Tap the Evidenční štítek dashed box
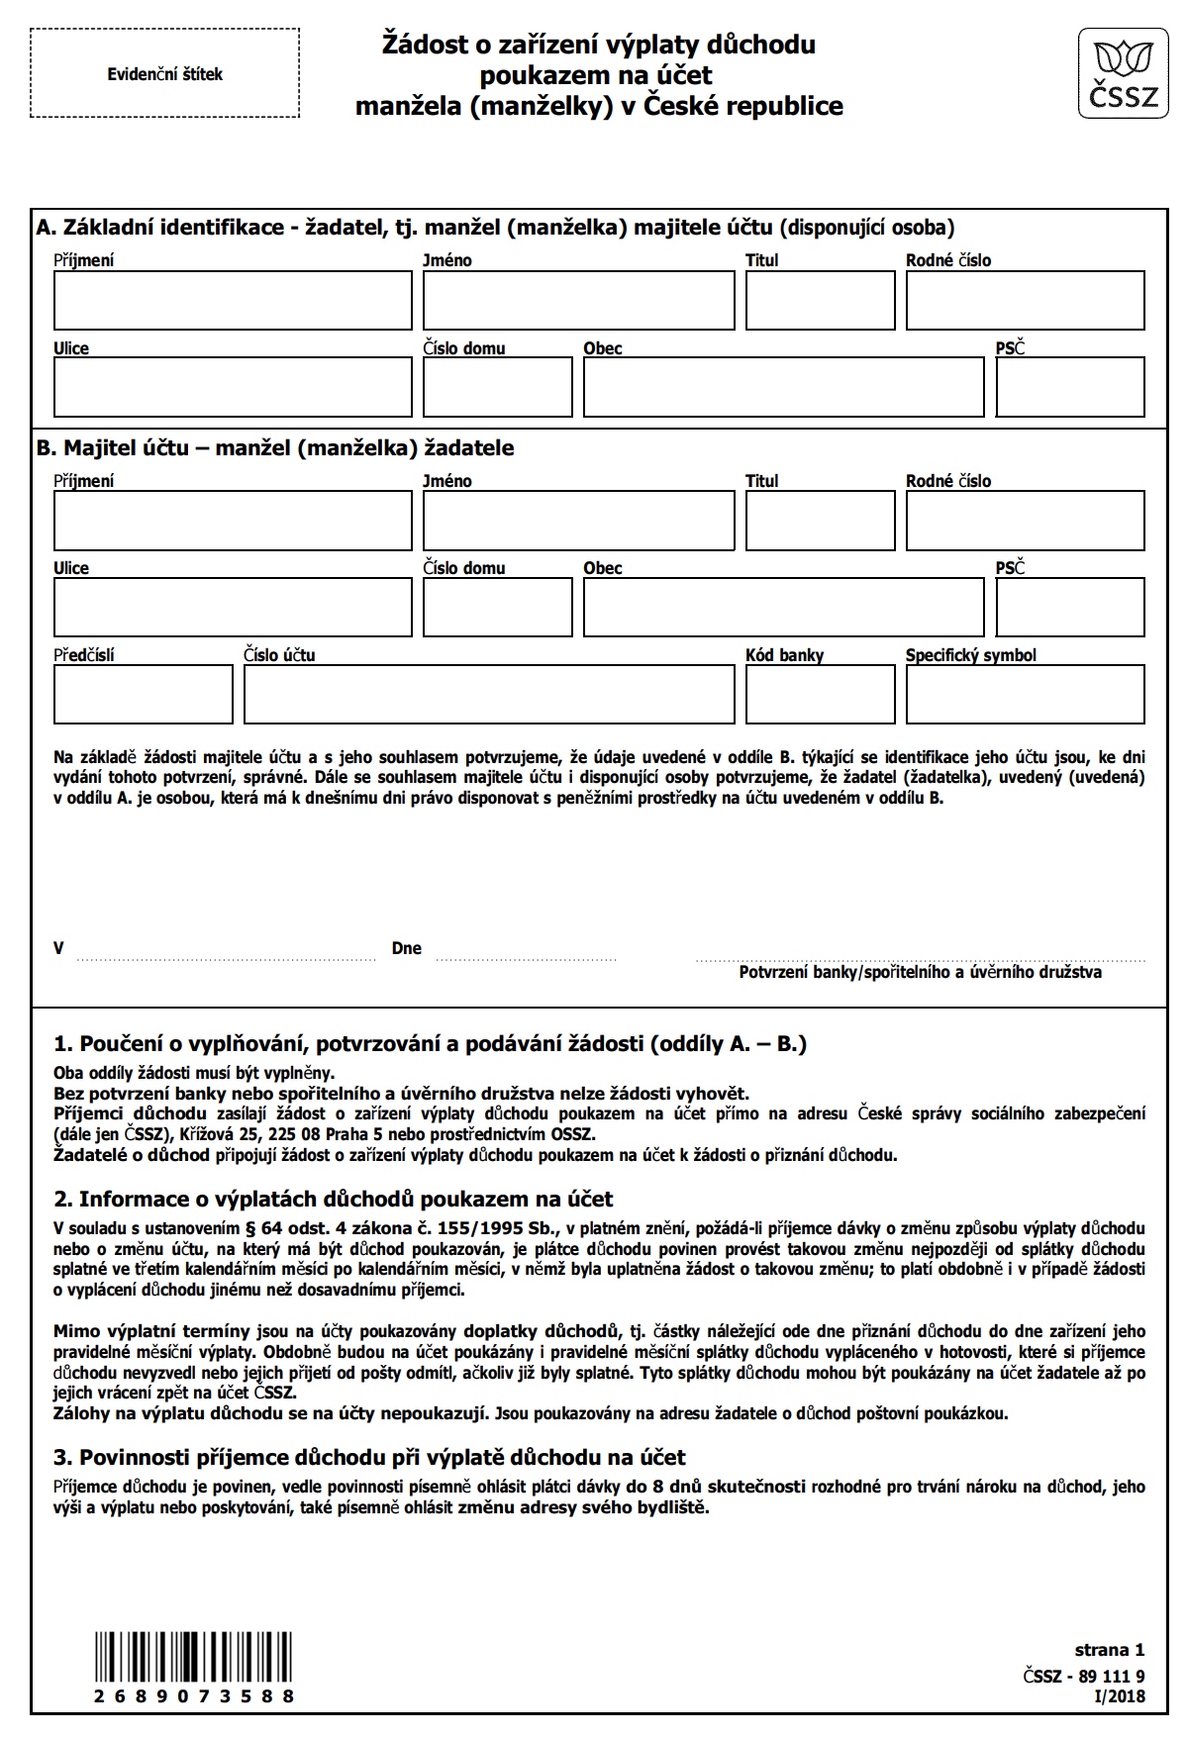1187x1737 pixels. point(165,74)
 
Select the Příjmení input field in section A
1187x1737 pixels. point(233,300)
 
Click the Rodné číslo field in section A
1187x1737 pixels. point(1025,300)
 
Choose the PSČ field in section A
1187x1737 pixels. point(1069,387)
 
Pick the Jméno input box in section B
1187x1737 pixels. point(578,521)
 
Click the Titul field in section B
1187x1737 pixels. point(820,521)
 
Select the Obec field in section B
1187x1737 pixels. point(783,607)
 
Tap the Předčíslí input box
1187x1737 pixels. point(144,694)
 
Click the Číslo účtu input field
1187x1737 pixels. point(489,694)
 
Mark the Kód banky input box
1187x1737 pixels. point(820,694)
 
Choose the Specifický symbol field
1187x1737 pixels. point(1025,694)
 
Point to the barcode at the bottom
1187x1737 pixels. point(195,1659)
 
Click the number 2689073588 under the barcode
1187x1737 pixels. point(195,1695)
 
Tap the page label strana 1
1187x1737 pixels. point(1109,1650)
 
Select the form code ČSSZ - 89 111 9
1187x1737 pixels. point(1084,1676)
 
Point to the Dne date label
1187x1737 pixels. point(407,948)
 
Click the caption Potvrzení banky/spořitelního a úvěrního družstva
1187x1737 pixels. point(920,972)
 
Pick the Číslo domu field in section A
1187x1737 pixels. point(497,387)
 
